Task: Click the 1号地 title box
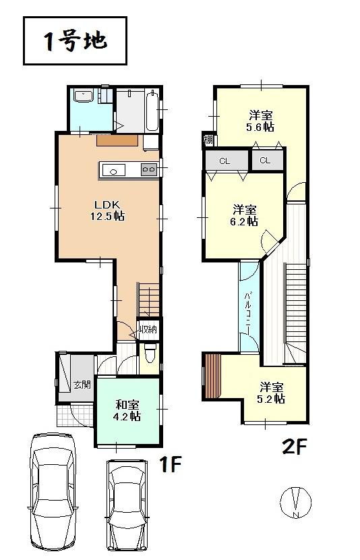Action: click(75, 41)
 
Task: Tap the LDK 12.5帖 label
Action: click(108, 209)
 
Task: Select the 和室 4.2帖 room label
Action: click(127, 410)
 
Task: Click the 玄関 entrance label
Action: click(82, 385)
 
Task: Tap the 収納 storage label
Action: click(148, 329)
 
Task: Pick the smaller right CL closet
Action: click(265, 160)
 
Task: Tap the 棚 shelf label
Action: click(208, 140)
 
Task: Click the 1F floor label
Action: click(172, 465)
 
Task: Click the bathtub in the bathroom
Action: click(151, 111)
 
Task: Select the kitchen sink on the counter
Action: click(113, 171)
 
